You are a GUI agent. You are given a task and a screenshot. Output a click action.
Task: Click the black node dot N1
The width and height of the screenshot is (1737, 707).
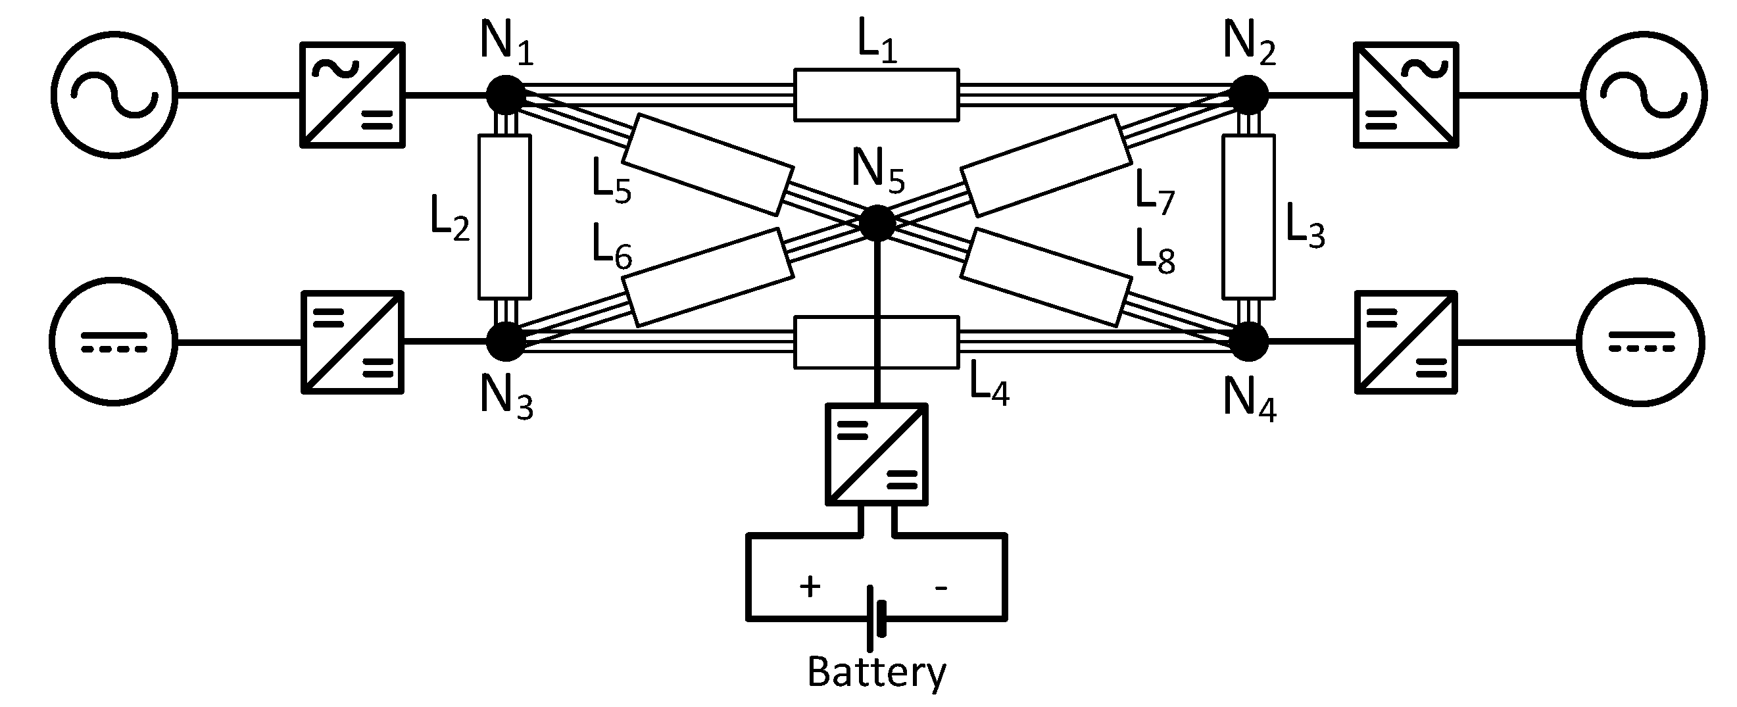click(506, 95)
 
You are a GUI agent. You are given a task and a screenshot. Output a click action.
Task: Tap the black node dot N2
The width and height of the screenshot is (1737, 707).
click(1249, 95)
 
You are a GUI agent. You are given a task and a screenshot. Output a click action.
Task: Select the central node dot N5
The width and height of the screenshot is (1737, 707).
click(877, 223)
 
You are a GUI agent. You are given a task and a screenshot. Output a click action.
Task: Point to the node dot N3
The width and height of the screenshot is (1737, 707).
click(506, 342)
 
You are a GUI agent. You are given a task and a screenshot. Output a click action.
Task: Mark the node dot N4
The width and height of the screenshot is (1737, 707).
click(1249, 342)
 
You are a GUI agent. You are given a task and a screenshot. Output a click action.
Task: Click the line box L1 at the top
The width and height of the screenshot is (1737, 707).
click(876, 95)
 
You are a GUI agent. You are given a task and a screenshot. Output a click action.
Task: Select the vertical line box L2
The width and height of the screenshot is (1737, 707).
click(504, 216)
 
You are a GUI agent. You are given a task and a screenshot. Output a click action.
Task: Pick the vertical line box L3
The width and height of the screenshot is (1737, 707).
click(1248, 216)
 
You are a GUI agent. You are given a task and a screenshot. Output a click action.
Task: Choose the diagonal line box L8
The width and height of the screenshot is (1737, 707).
click(1046, 277)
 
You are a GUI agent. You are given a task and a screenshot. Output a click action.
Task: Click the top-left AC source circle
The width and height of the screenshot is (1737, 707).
click(114, 95)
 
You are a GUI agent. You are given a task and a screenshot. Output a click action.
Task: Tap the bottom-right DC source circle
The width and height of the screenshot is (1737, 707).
click(1641, 342)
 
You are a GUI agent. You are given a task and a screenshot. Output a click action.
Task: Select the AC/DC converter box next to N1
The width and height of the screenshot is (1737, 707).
click(352, 95)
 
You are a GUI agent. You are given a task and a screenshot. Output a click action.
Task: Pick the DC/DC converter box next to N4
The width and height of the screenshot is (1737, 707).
click(1406, 342)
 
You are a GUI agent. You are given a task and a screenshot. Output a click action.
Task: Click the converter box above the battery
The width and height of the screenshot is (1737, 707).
click(877, 454)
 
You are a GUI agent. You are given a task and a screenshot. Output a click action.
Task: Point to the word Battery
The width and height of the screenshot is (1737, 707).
click(877, 672)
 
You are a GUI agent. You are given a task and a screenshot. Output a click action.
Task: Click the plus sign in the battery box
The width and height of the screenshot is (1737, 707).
click(810, 587)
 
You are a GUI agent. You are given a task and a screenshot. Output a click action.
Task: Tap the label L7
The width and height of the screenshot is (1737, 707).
click(1154, 191)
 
